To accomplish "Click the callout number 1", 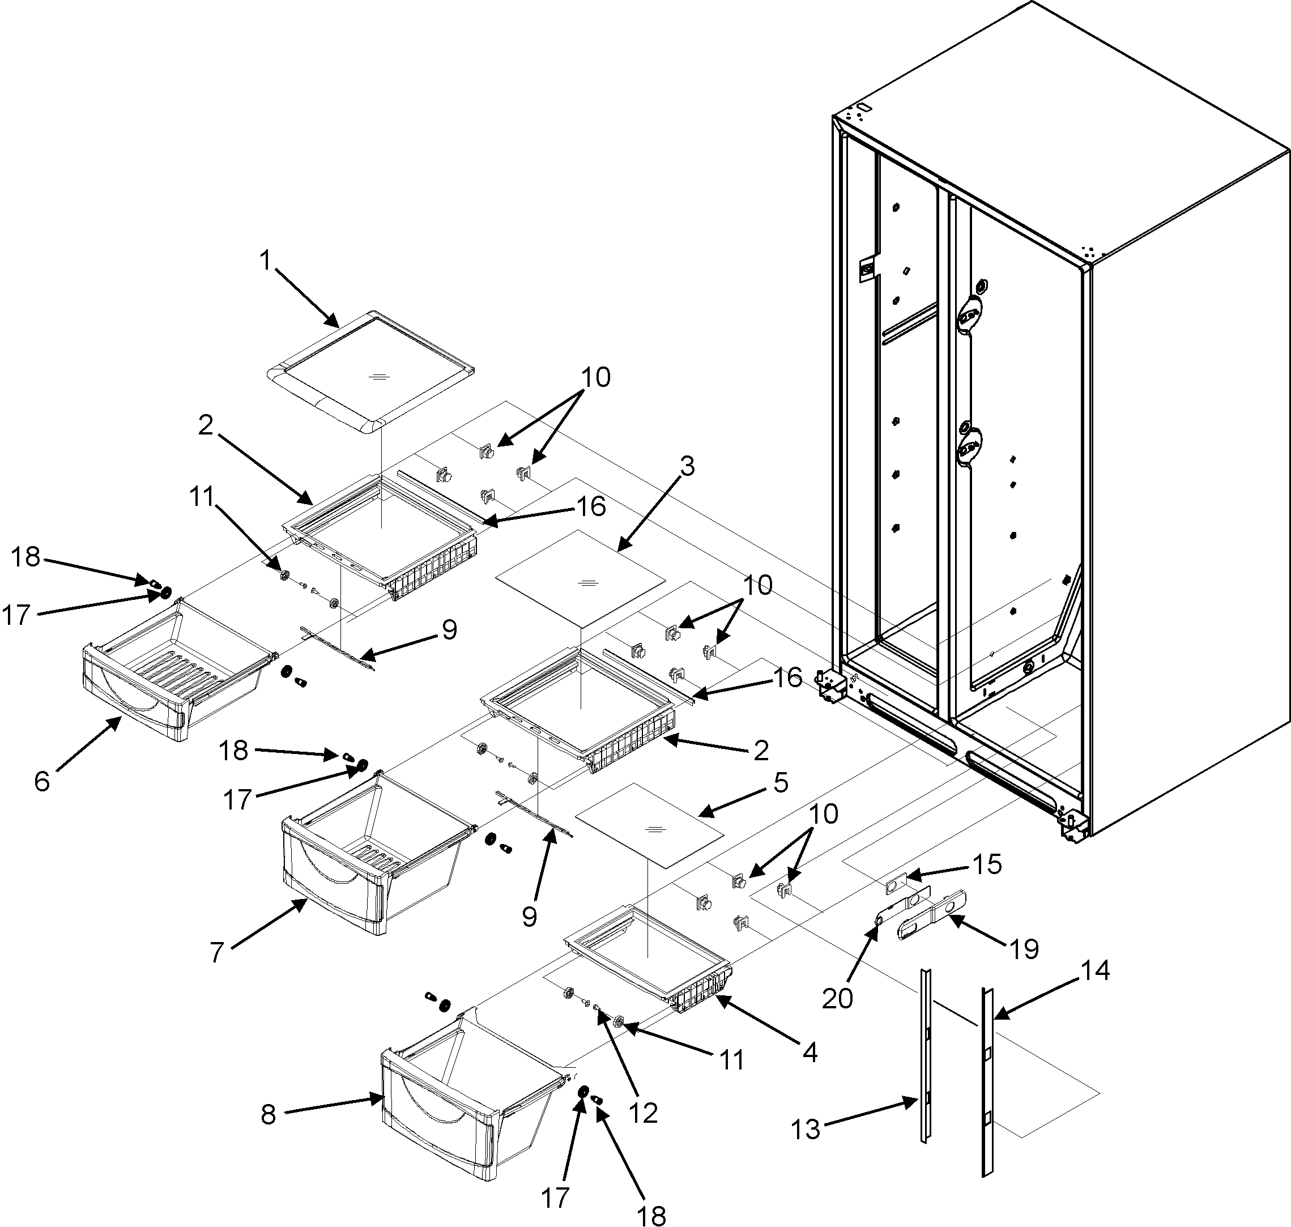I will [x=265, y=261].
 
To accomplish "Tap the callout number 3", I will [x=686, y=466].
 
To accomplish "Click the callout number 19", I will [x=1024, y=948].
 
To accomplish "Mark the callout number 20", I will [x=838, y=998].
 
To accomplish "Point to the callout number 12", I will [x=642, y=1113].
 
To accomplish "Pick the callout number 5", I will [x=780, y=782].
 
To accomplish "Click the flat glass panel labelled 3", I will [x=580, y=575].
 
